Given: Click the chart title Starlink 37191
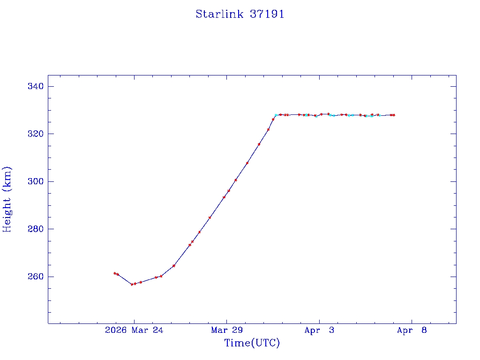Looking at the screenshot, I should (240, 14).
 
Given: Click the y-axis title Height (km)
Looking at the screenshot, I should (7, 199).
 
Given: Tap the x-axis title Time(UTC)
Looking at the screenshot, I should (252, 343).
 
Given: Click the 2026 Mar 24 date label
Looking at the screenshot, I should (134, 330).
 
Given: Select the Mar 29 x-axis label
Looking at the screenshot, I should (226, 330).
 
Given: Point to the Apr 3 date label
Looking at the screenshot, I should (319, 330).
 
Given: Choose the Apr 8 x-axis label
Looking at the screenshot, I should (412, 330).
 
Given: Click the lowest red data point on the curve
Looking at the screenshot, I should (132, 285).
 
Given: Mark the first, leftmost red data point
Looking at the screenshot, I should (114, 273).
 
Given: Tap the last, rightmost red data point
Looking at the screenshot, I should (394, 115).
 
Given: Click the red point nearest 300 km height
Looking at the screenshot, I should (236, 180).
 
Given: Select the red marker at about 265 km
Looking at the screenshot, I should (174, 266).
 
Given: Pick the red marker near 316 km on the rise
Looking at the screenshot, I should (259, 144).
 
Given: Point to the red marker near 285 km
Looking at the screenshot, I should (210, 217).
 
